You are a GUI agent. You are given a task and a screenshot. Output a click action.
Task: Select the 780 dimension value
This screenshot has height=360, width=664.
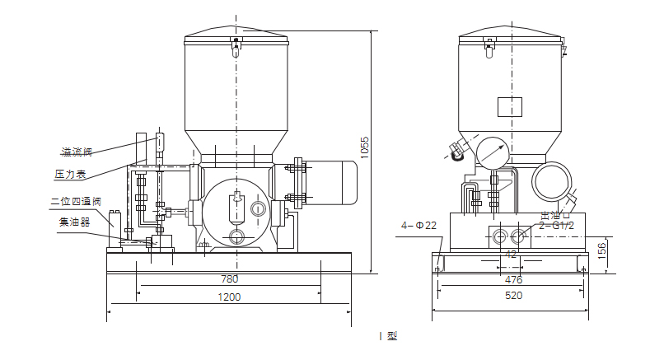tap(229, 279)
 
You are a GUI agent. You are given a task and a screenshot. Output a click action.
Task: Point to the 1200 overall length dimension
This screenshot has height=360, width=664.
tap(229, 297)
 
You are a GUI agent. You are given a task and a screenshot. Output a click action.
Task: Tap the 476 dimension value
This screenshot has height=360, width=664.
tap(512, 279)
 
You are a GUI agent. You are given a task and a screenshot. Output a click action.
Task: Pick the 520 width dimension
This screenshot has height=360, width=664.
tap(512, 297)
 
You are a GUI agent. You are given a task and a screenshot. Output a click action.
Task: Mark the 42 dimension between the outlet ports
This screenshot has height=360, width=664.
tap(512, 255)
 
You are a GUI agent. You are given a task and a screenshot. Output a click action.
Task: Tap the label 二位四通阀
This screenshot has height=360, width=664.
tap(76, 200)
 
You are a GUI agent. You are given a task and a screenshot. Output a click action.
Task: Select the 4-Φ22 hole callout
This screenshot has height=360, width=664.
tap(419, 225)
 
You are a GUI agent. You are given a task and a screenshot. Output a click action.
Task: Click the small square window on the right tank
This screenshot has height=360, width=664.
tap(510, 108)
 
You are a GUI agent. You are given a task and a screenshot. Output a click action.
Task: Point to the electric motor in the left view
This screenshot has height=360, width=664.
tap(330, 184)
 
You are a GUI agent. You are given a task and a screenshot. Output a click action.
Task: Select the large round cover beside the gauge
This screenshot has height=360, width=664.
tap(551, 179)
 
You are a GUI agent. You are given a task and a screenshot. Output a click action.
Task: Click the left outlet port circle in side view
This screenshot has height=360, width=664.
tap(500, 237)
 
